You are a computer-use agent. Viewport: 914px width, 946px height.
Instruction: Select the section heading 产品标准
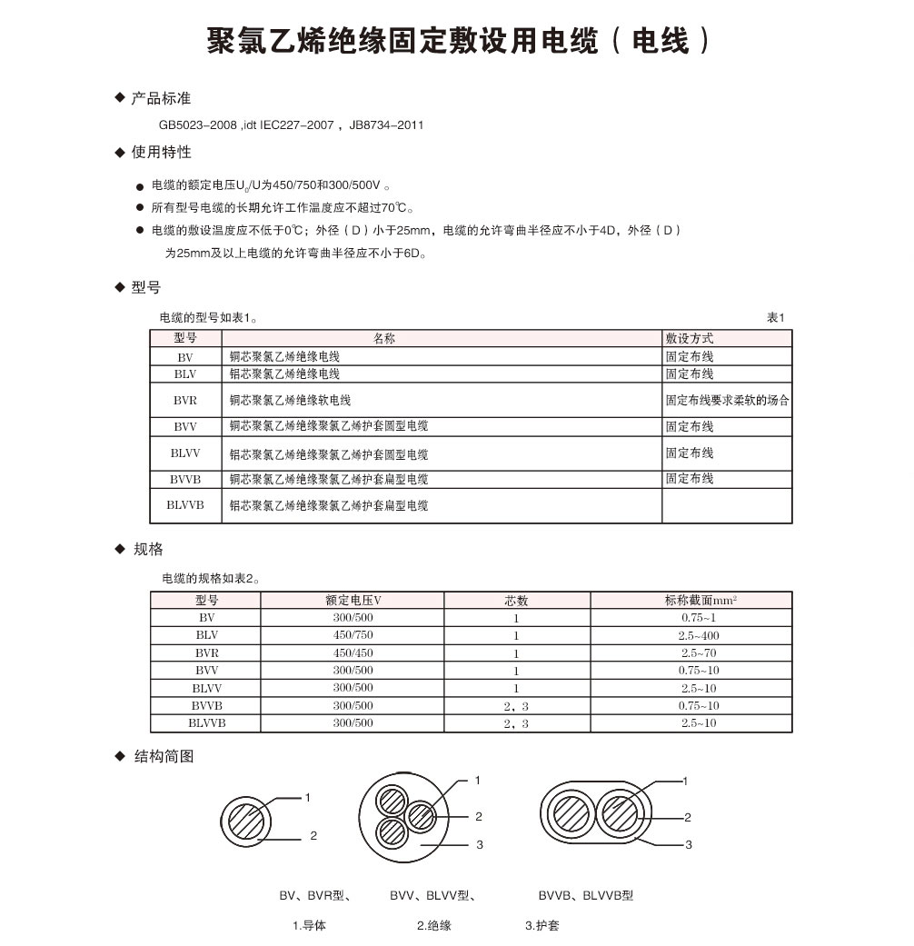[x=161, y=98]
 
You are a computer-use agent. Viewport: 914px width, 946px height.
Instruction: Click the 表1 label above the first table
[x=775, y=317]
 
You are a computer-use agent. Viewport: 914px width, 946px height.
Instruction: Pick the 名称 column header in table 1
[x=385, y=338]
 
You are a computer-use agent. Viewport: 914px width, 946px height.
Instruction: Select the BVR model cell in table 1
[x=185, y=400]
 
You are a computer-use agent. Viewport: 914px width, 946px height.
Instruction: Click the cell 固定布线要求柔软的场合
[x=727, y=400]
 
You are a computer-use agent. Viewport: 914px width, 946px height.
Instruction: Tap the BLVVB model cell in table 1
[x=185, y=504]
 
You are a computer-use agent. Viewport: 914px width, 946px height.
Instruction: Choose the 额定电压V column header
[x=353, y=601]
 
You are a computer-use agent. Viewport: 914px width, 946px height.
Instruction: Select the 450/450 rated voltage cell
[x=353, y=653]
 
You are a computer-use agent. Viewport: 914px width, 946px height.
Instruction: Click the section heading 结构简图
[x=164, y=756]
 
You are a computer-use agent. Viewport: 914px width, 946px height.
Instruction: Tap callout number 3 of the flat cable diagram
[x=689, y=845]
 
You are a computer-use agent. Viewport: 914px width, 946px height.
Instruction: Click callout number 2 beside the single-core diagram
[x=313, y=835]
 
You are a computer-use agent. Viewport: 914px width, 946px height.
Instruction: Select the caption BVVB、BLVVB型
[x=586, y=896]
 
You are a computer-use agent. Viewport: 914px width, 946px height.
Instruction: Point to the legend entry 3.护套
[x=542, y=926]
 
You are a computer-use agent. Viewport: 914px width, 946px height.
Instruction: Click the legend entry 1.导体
[x=309, y=926]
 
